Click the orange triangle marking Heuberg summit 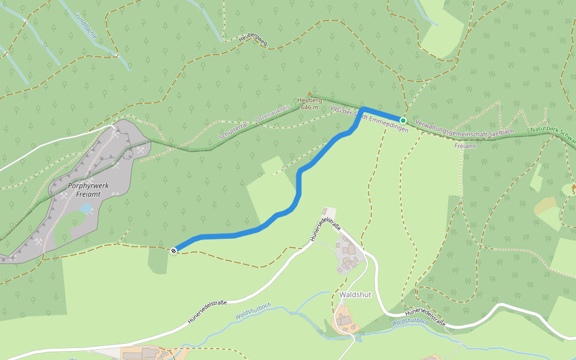[x=310, y=94]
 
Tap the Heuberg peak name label [x=310, y=101]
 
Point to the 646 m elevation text [x=310, y=107]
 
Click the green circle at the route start [x=403, y=121]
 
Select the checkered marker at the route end [x=173, y=250]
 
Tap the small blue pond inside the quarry [x=86, y=208]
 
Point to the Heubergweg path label [x=253, y=40]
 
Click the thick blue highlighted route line [x=298, y=186]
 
